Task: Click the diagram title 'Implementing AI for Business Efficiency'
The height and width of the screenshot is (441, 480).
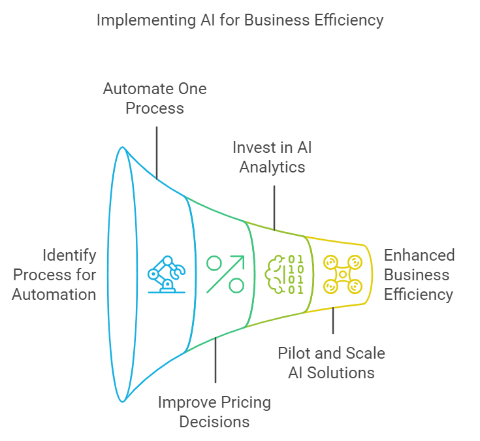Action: tap(240, 20)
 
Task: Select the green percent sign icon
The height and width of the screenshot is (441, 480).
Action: tap(225, 274)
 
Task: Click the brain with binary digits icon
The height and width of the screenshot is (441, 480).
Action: tap(284, 274)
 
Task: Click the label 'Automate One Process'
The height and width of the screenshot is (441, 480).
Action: tap(155, 97)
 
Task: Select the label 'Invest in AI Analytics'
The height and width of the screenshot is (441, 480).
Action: tap(272, 156)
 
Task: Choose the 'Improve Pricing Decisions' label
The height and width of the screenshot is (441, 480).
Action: tap(214, 412)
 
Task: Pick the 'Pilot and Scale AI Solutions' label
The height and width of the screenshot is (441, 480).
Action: tap(331, 363)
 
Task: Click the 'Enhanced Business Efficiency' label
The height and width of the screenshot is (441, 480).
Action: tap(419, 274)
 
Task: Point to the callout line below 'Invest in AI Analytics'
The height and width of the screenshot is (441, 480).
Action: tap(274, 208)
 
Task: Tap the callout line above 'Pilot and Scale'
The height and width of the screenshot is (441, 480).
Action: tap(332, 322)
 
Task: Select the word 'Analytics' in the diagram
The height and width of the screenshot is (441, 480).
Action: tap(272, 167)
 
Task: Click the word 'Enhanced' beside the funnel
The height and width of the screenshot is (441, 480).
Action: tap(419, 255)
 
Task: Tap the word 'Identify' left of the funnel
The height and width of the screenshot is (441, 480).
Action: tap(69, 255)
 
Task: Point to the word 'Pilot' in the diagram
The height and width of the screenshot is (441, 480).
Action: tap(293, 353)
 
